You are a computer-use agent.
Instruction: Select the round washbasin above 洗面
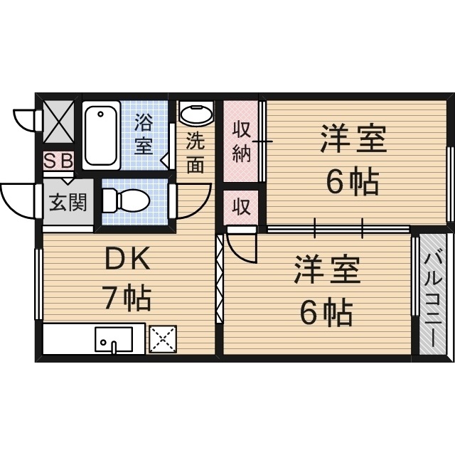click(196, 114)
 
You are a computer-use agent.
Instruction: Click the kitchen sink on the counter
click(114, 340)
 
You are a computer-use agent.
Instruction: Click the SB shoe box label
click(59, 160)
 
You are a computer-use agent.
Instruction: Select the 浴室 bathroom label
click(144, 134)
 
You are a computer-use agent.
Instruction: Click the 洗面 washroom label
click(195, 152)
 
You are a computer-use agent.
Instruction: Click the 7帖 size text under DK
click(127, 299)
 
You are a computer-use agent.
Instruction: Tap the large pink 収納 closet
click(242, 141)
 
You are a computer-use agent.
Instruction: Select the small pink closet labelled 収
click(242, 207)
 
